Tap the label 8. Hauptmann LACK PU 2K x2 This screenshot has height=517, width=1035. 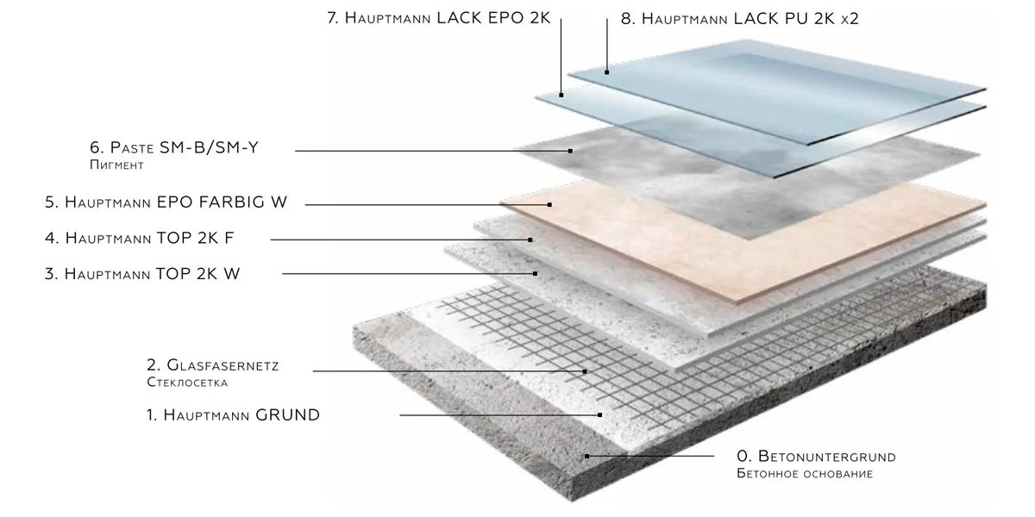739,18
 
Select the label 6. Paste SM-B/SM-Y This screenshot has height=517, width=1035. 174,148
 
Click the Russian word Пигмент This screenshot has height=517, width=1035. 116,164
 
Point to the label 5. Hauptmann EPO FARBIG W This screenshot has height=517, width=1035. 166,202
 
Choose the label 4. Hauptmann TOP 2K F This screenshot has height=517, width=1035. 149,238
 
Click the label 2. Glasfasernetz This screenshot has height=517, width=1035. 213,365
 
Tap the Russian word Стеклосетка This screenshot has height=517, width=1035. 186,381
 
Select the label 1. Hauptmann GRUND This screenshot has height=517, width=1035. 233,415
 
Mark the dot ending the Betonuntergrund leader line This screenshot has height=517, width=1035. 586,456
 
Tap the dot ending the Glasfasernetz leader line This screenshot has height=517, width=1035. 586,371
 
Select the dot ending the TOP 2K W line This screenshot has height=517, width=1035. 536,273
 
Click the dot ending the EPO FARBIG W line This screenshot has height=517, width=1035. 549,204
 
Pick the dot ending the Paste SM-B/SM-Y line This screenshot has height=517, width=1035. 570,151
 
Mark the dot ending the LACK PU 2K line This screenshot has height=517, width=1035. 607,72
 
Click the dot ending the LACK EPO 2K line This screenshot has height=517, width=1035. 562,95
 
